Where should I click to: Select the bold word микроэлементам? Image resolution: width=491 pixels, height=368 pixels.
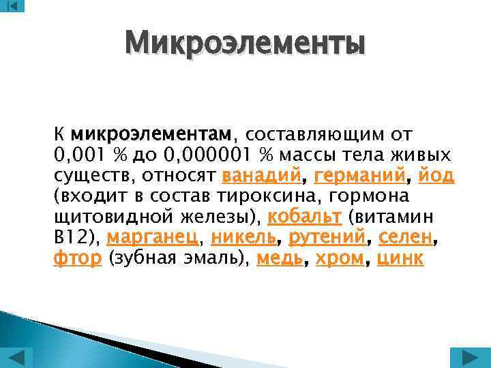point(151,133)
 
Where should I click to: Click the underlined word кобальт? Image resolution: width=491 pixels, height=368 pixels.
point(304,217)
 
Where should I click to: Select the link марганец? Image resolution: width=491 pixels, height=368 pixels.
point(153,238)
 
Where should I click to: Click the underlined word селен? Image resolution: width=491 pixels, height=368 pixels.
point(405,238)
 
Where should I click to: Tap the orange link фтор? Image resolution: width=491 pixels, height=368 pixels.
point(78,259)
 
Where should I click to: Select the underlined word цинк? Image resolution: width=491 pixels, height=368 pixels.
point(400,259)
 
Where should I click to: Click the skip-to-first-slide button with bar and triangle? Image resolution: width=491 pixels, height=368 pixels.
point(12,6)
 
